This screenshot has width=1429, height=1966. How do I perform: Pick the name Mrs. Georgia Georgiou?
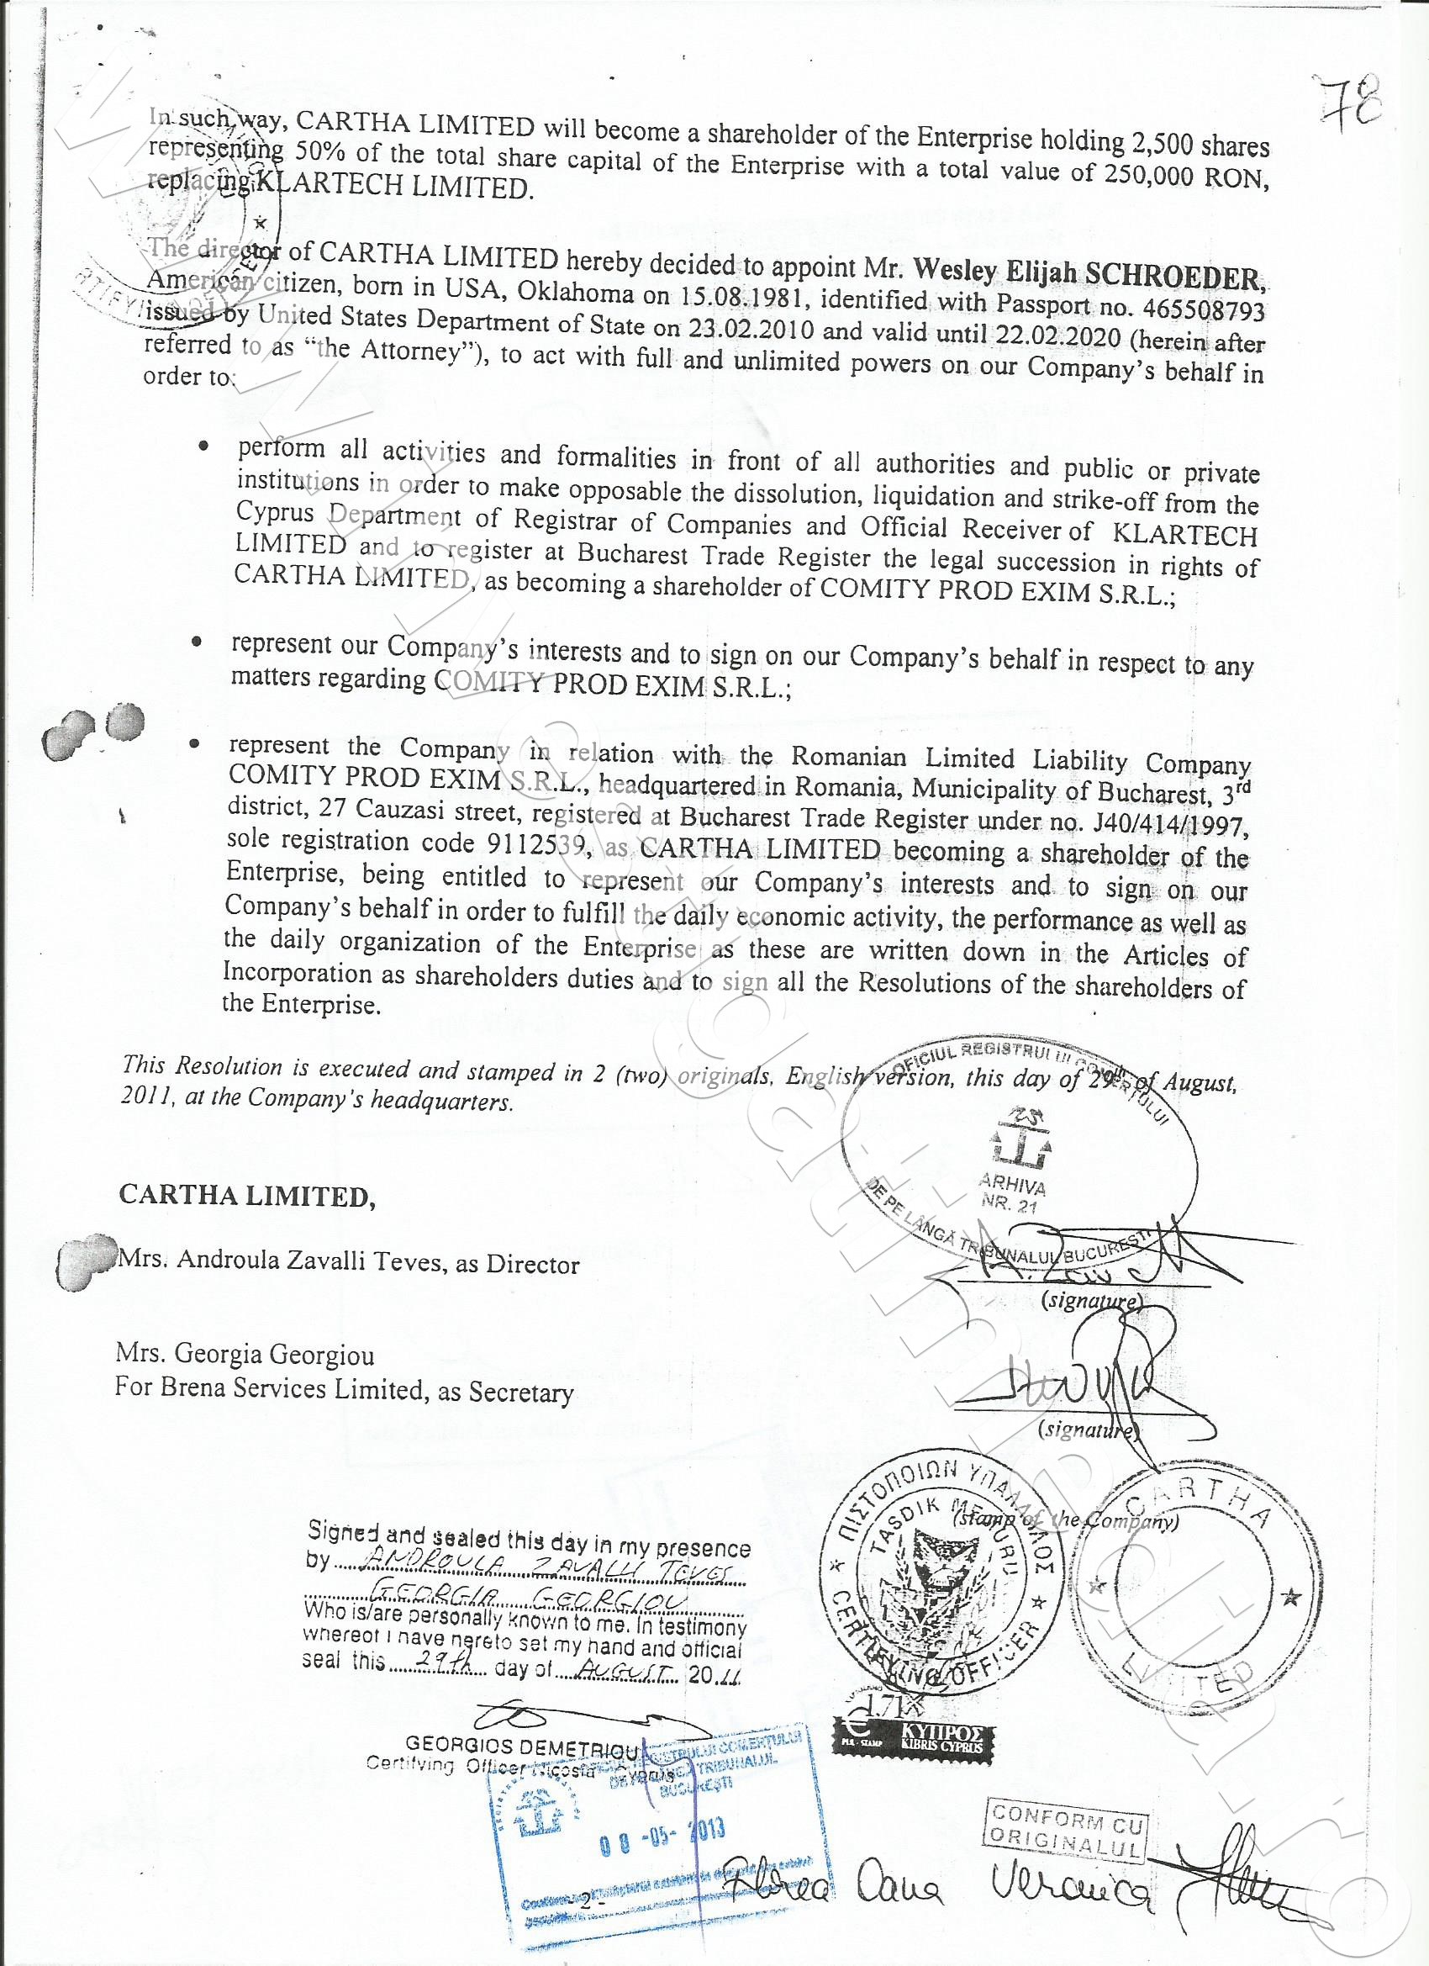point(245,1353)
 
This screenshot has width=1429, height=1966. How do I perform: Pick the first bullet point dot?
point(203,447)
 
